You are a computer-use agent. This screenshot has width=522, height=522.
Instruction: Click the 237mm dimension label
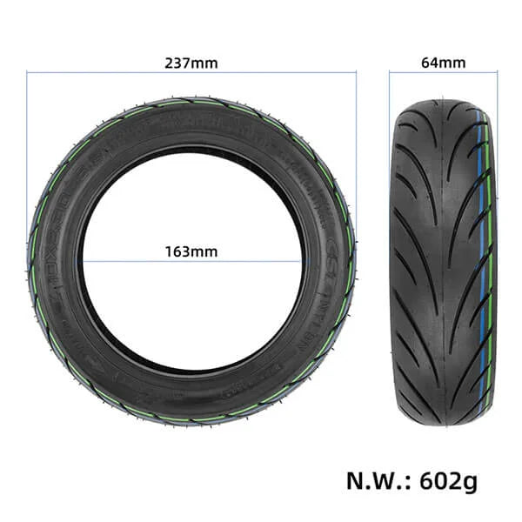click(x=191, y=63)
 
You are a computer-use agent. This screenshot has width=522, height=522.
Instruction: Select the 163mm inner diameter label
click(x=191, y=252)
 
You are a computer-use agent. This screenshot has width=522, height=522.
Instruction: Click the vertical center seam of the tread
click(x=442, y=261)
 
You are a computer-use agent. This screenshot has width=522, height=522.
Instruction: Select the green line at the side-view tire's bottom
click(x=191, y=415)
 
